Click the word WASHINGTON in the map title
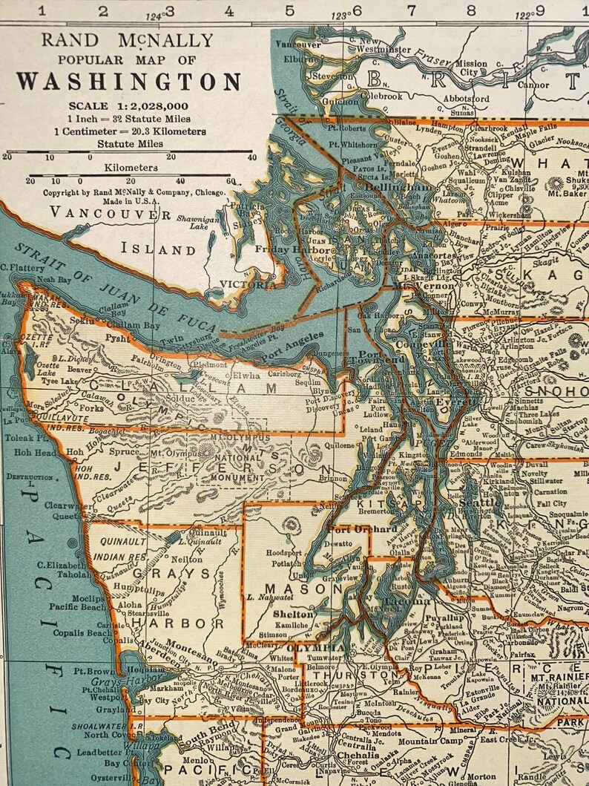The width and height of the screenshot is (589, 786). click(x=128, y=81)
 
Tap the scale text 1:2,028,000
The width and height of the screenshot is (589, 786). click(x=128, y=105)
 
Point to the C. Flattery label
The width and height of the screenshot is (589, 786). click(x=20, y=268)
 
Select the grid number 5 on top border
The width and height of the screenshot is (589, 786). click(x=289, y=10)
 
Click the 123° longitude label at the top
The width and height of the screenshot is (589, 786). click(x=340, y=15)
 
